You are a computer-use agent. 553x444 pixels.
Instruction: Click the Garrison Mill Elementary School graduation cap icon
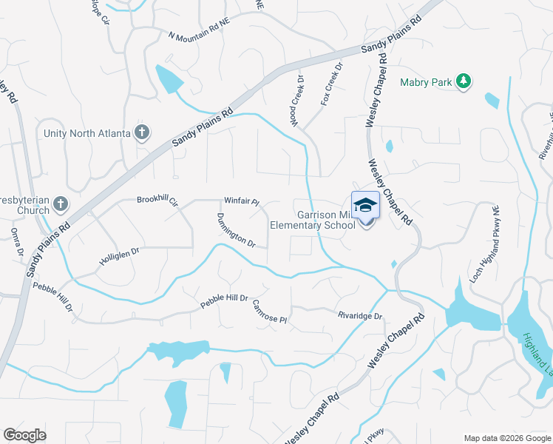point(365,205)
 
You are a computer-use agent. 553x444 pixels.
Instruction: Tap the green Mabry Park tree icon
point(464,81)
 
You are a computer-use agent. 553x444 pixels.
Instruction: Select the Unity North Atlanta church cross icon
point(142,132)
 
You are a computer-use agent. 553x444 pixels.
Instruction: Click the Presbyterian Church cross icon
point(61,203)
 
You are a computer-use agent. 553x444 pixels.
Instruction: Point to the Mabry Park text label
point(425,82)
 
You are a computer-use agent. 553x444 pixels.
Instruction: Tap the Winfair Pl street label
point(242,201)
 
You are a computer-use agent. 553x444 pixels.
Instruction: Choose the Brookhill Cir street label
point(157,200)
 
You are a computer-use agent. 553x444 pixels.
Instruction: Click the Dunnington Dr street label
point(236,230)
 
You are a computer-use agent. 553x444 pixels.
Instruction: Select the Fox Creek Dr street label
point(332,84)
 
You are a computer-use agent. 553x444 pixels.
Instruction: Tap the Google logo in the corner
point(24,435)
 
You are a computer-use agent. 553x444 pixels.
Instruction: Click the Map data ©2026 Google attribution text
point(506,438)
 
